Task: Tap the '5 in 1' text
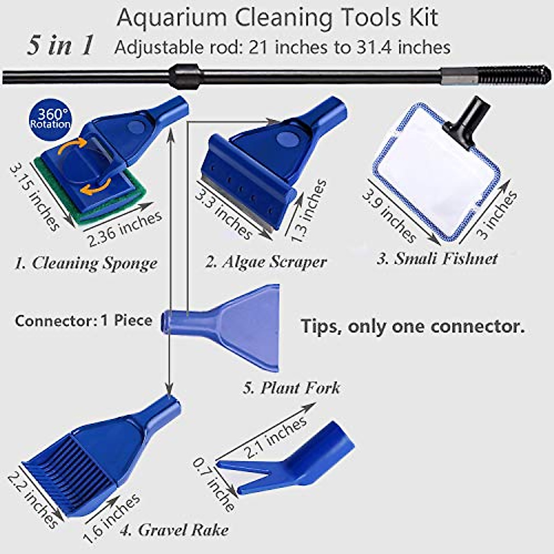pos(60,46)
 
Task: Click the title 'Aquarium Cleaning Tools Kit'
pos(277,18)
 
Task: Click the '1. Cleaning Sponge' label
pos(86,263)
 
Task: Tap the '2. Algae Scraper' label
pos(266,262)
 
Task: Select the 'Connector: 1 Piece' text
pos(84,320)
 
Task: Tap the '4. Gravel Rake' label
pos(174,530)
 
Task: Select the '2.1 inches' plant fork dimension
pos(276,436)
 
